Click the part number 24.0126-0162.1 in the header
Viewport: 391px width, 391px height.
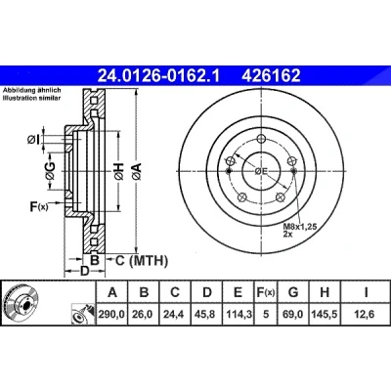pos(159,76)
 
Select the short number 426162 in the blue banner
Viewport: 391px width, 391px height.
pos(271,76)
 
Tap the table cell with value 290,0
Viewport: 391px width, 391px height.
pos(111,314)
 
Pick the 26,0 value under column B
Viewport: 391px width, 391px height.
pos(143,314)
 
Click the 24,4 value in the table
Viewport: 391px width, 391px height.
pos(174,314)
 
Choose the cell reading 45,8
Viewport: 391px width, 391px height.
pos(206,314)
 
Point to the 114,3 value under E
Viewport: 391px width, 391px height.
pos(238,314)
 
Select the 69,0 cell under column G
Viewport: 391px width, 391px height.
pos(292,314)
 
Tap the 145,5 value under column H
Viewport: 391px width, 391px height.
pos(325,314)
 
